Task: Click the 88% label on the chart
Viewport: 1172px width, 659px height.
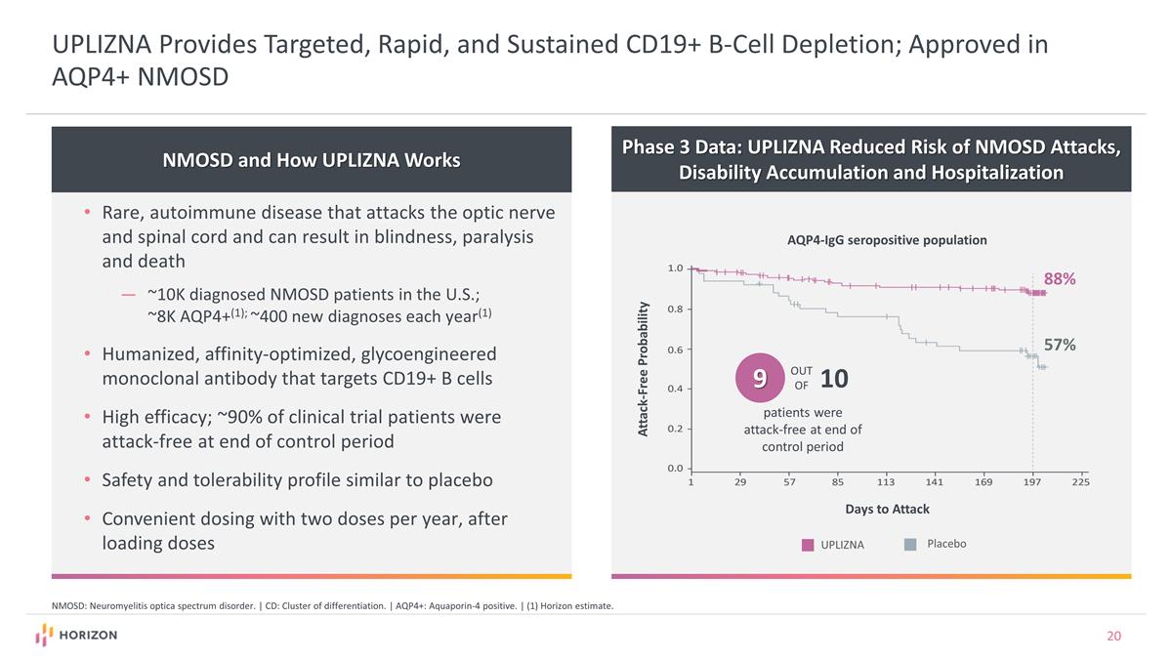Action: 1060,279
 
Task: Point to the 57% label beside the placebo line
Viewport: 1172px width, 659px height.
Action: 1060,345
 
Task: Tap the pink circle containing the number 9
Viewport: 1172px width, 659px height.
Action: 759,377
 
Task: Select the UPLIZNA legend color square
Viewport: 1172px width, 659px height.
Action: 808,545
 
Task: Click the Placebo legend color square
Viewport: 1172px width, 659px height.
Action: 910,544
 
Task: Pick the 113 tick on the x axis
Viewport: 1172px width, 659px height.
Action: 886,481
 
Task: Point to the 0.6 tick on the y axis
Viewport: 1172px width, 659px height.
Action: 675,350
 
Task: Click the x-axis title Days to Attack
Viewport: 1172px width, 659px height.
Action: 887,509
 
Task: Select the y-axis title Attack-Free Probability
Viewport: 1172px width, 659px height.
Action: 644,369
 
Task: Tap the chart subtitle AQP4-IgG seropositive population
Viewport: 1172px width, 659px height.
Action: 887,240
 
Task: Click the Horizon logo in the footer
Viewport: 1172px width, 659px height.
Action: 76,636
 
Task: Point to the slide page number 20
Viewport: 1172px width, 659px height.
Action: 1113,637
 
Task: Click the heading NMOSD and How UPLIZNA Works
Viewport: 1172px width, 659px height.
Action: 312,160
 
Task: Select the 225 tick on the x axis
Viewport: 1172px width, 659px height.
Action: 1080,481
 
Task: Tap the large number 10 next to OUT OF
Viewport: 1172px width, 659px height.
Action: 834,378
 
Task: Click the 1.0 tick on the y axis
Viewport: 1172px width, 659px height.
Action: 675,268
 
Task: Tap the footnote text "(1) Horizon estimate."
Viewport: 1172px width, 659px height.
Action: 568,606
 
